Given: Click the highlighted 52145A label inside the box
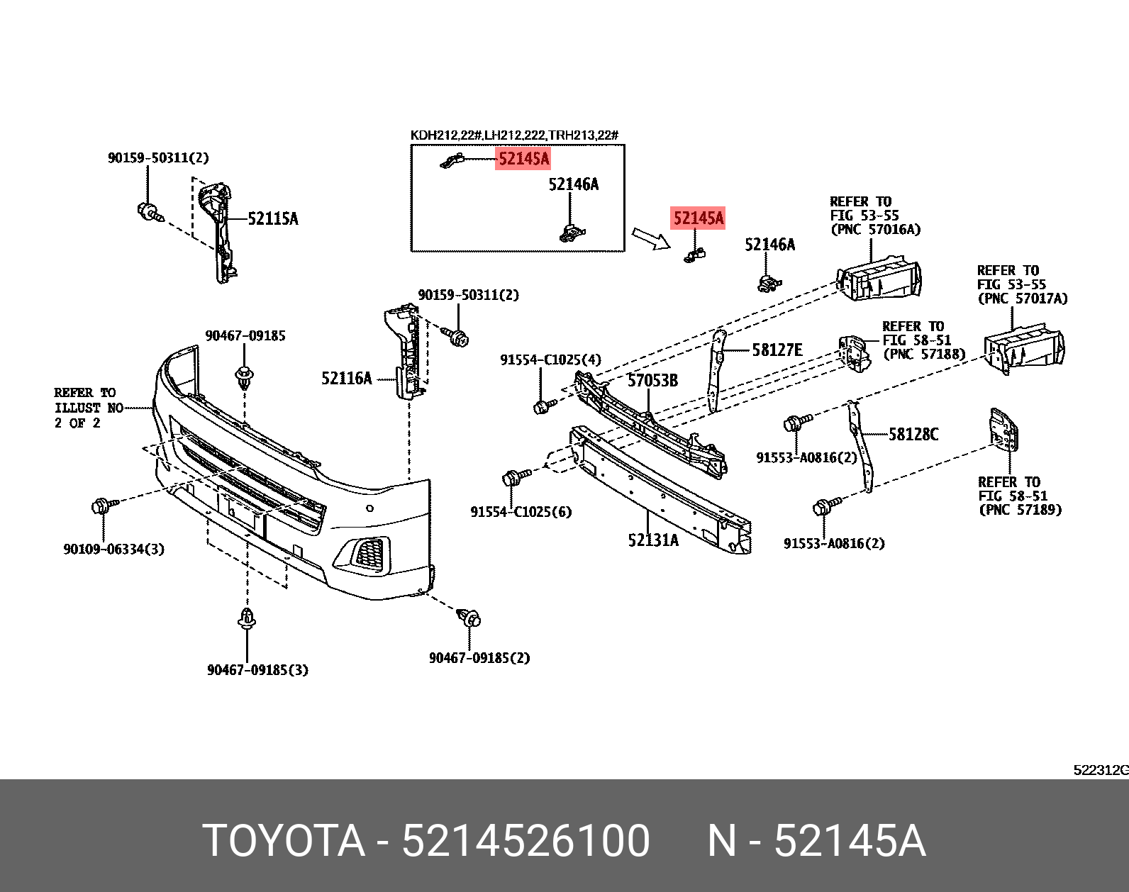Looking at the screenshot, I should click(523, 158).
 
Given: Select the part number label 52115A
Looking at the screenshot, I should click(272, 218).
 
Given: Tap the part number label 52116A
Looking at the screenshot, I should click(346, 379).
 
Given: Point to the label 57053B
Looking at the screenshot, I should click(652, 381).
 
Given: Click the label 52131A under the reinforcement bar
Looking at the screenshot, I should click(652, 540).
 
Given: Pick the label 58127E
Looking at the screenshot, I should click(777, 350).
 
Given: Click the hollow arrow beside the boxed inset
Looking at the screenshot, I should click(650, 238).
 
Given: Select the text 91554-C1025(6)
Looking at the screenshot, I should click(521, 512).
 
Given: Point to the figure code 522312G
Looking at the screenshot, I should click(1100, 770).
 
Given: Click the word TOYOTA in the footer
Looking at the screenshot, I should click(284, 841).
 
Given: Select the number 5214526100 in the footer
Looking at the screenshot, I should click(525, 841).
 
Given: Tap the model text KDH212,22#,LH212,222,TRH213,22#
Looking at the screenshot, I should click(514, 135).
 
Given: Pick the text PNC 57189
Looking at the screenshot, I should click(1020, 510).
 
